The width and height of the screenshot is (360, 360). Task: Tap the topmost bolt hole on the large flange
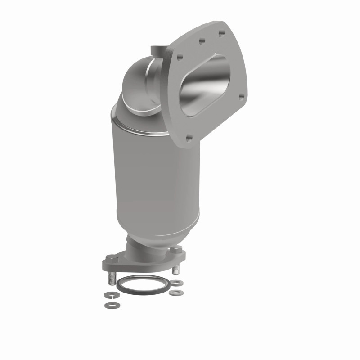click(x=221, y=33)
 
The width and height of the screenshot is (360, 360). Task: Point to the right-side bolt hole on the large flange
click(x=242, y=96)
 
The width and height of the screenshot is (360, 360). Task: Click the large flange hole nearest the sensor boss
click(x=180, y=58)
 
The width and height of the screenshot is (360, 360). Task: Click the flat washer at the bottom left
click(x=109, y=306)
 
